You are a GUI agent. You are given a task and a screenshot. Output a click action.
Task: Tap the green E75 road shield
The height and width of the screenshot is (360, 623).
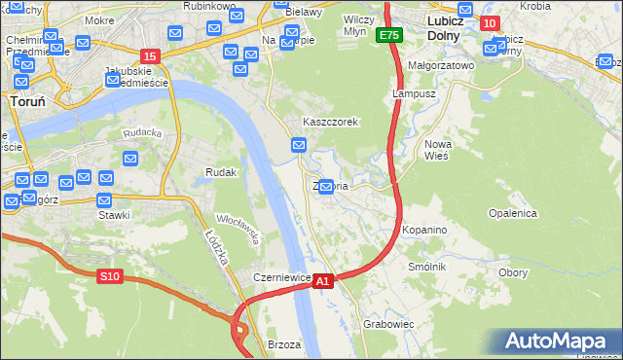pos(390,35)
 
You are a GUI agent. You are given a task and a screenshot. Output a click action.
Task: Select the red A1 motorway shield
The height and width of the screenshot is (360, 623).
pos(324,280)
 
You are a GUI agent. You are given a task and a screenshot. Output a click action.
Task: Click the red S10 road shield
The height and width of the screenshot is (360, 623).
pos(109,276)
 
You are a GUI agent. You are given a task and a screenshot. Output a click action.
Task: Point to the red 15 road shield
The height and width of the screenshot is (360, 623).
pos(149,56)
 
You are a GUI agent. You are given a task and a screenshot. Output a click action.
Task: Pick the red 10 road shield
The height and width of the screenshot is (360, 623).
pos(491,23)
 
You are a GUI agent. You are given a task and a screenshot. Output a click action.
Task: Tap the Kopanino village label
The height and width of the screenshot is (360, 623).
pos(424,230)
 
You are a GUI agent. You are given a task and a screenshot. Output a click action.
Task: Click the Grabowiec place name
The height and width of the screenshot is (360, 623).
pos(388,323)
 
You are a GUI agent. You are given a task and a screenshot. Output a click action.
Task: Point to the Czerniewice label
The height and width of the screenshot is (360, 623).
pos(281,277)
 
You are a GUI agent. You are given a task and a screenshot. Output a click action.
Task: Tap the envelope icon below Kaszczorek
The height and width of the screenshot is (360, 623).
pos(299,146)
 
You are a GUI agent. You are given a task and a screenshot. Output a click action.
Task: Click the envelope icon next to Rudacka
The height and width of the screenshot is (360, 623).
pos(130,159)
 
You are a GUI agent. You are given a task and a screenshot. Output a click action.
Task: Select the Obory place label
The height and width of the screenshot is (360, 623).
pos(512,272)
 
